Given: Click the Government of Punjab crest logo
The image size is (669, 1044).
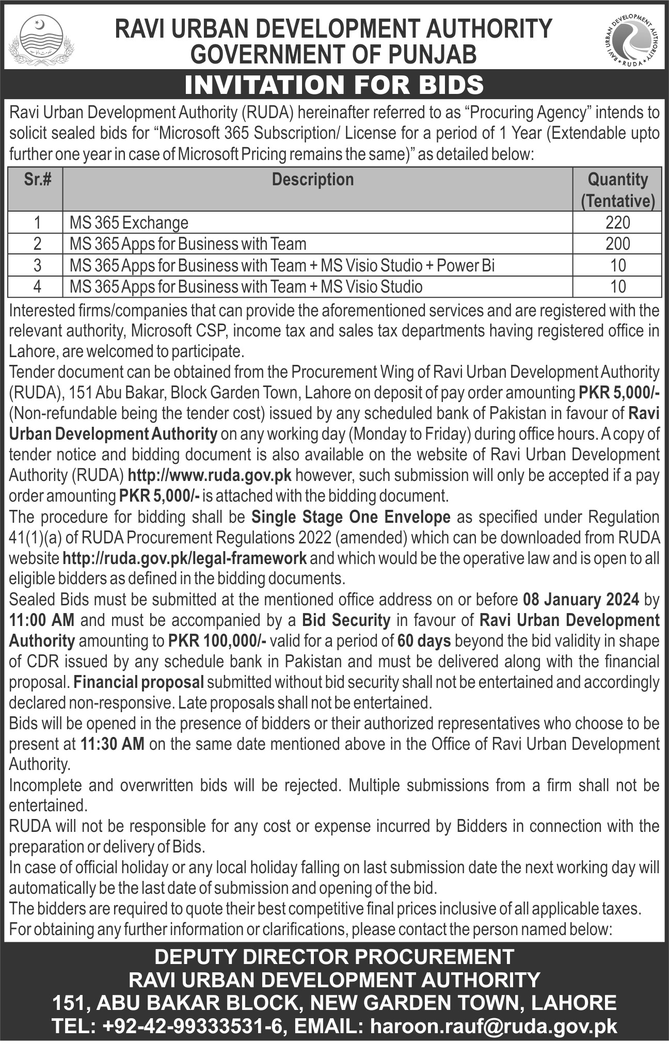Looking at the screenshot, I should tap(41, 40).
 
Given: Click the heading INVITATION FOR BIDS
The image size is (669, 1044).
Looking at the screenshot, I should tap(334, 85).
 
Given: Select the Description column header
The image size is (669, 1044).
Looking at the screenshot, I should tap(313, 180).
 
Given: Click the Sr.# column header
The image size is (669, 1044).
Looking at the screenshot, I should tap(37, 180).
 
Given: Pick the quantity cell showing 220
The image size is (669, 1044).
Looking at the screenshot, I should tap(618, 222).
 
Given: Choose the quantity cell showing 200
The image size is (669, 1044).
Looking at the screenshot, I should tap(618, 244).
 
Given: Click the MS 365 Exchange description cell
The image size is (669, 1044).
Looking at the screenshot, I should tap(129, 223).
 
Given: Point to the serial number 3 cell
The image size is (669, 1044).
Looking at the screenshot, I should tap(37, 265).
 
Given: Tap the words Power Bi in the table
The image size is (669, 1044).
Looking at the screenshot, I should tap(466, 265).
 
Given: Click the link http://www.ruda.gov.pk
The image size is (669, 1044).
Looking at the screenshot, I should tap(210, 475).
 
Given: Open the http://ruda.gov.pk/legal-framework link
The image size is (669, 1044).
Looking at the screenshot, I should tap(184, 558).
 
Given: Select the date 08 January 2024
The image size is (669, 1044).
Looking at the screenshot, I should tap(581, 599).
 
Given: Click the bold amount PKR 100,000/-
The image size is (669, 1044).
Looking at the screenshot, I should tap(217, 641).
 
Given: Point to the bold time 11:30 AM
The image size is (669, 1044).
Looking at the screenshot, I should tap(113, 744).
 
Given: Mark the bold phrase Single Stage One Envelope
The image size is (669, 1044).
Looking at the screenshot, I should tap(351, 517).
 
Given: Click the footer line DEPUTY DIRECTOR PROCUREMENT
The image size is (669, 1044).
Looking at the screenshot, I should tap(334, 957).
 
